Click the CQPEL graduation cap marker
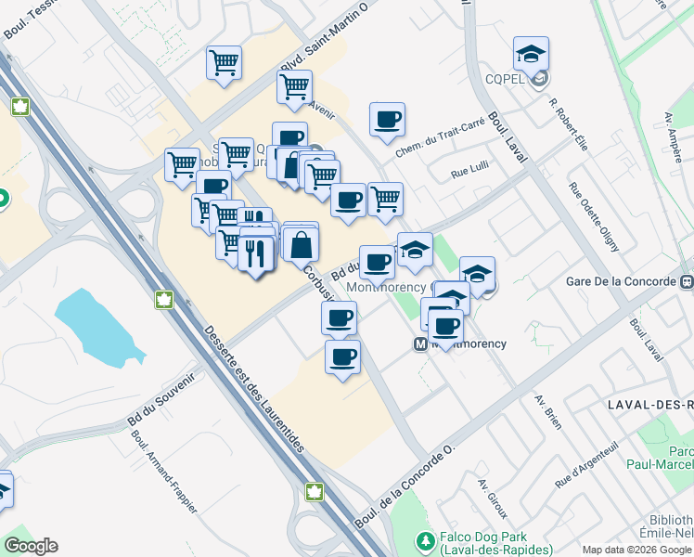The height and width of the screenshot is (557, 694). click(531, 55)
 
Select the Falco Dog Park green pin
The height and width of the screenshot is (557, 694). click(426, 539)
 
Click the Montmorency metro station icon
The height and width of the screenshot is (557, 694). click(419, 343)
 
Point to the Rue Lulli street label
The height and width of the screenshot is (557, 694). click(469, 172)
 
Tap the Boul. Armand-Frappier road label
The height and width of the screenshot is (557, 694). click(164, 474)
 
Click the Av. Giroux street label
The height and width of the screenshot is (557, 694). click(493, 499)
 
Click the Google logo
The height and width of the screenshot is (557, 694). click(31, 546)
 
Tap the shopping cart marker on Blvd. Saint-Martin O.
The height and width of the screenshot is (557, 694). click(294, 86)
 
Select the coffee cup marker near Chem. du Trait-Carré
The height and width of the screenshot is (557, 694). click(387, 119)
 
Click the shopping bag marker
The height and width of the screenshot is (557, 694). click(302, 245)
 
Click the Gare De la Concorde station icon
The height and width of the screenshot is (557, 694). click(686, 281)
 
